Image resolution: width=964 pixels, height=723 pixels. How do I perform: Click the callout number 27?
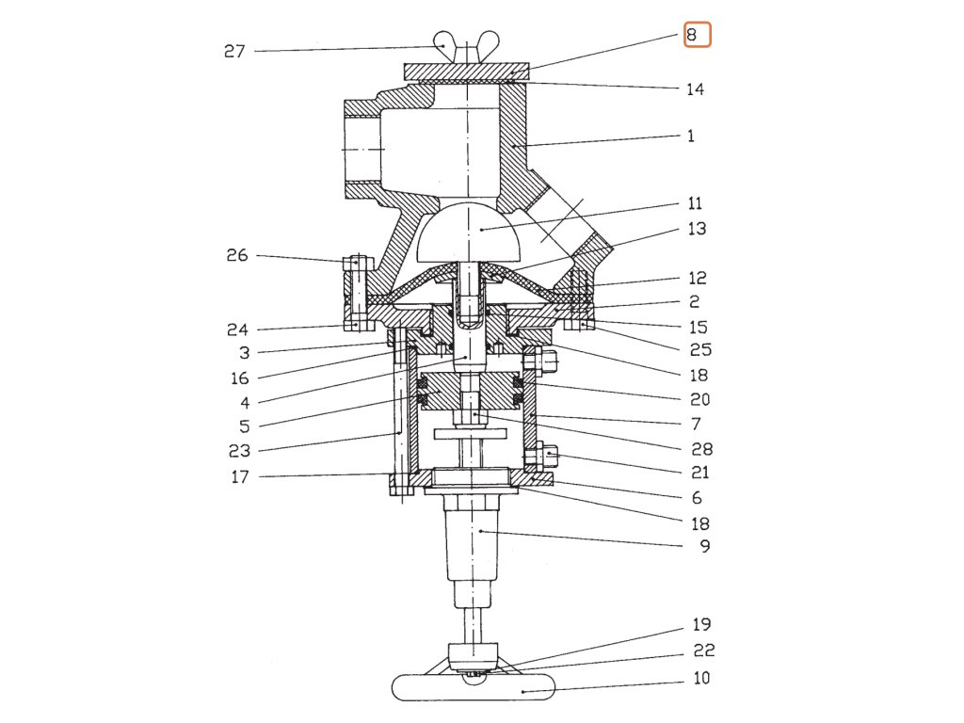[233, 51]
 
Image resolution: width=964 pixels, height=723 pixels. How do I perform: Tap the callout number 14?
[695, 89]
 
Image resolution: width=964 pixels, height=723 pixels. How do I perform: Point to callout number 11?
[695, 203]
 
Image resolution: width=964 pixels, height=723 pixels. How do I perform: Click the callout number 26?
[236, 255]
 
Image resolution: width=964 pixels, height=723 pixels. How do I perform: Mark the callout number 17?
[240, 477]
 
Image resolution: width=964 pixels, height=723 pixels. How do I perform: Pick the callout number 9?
[704, 545]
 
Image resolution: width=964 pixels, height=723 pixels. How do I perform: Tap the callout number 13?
[698, 229]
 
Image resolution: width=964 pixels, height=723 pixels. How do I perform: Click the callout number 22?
[703, 651]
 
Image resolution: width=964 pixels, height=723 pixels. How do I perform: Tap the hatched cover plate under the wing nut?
[467, 72]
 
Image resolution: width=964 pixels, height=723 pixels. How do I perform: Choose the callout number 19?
[701, 624]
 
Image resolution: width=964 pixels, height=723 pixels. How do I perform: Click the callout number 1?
[691, 136]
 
